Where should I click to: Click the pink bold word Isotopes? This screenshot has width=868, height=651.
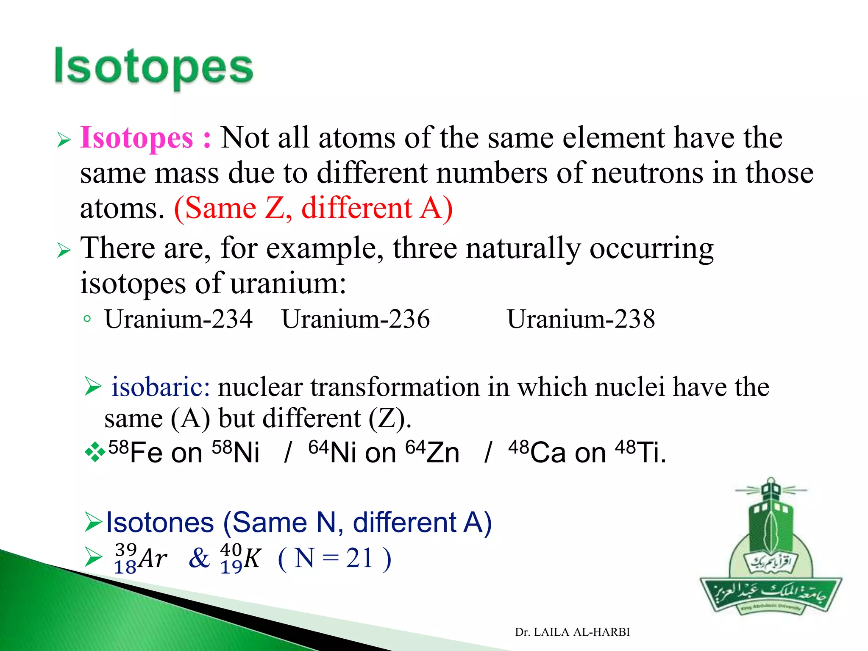click(136, 138)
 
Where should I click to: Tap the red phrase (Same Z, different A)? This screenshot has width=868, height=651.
click(313, 209)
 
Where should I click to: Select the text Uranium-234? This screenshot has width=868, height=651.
click(178, 319)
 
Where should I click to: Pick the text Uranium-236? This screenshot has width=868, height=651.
click(356, 319)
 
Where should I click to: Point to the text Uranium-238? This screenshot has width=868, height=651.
click(581, 319)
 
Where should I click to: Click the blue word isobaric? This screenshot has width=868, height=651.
click(161, 387)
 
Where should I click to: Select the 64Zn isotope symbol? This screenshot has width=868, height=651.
click(432, 452)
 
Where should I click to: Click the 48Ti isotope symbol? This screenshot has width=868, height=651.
click(640, 452)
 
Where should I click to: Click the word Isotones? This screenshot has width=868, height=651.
click(160, 522)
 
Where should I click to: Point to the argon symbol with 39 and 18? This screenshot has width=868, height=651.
click(140, 559)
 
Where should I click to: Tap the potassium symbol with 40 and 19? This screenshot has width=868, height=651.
click(240, 559)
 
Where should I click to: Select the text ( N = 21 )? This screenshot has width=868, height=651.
click(334, 559)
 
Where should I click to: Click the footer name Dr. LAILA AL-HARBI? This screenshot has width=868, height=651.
click(572, 632)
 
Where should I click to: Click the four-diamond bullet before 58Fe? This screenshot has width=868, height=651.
click(95, 452)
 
